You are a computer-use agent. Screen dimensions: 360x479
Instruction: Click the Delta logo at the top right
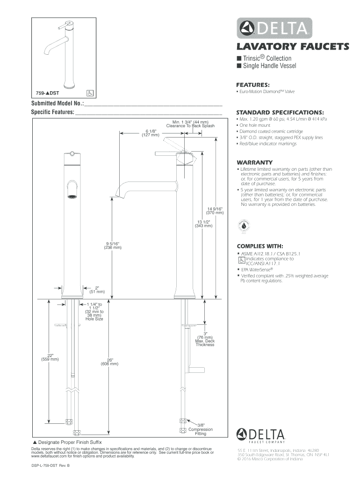click(274, 28)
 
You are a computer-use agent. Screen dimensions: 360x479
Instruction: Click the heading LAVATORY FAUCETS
click(293, 47)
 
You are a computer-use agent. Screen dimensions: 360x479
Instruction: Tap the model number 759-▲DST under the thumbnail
click(48, 93)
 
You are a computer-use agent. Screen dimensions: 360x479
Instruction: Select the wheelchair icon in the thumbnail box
click(90, 93)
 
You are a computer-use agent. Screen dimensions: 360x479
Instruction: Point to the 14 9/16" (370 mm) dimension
click(215, 211)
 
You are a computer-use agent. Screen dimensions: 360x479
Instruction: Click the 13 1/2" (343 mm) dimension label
click(203, 224)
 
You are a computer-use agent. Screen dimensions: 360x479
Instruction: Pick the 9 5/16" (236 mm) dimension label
click(113, 246)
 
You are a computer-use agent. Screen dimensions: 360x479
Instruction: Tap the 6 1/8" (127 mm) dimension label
click(151, 133)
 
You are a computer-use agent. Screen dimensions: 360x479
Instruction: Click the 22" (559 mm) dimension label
click(50, 357)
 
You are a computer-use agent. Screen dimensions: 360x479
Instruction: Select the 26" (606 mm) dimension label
click(109, 362)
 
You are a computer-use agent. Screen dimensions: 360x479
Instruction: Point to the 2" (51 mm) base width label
click(97, 290)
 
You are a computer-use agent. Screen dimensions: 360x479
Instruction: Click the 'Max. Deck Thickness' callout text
click(205, 343)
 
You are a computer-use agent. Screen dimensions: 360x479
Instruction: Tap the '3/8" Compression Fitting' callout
click(201, 429)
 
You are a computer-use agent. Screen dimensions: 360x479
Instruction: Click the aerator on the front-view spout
click(72, 196)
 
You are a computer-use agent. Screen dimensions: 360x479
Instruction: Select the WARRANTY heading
click(255, 162)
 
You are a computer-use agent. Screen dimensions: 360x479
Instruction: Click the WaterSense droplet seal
click(244, 226)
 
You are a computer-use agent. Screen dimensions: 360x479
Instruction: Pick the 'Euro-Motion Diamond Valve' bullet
click(266, 92)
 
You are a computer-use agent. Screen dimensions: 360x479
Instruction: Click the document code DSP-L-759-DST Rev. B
click(49, 465)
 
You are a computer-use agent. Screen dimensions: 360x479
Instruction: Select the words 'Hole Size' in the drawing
click(94, 319)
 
